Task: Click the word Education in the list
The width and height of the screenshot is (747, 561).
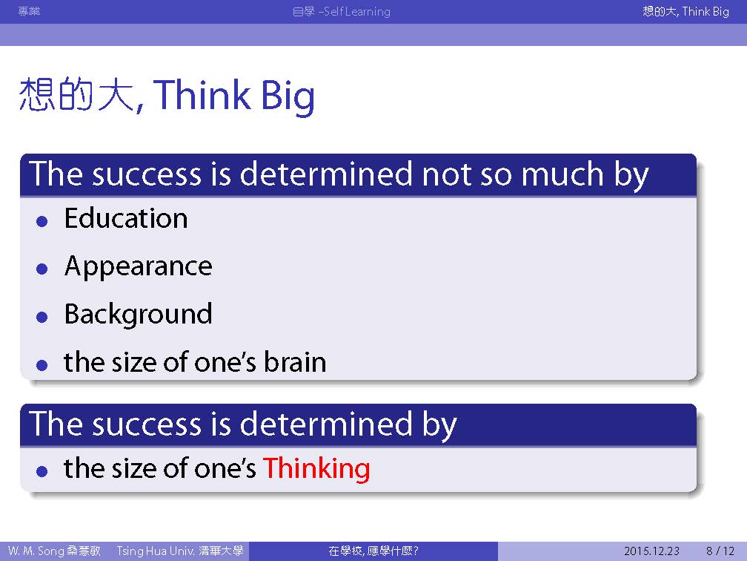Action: coord(126,218)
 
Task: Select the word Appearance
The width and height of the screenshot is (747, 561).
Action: coord(138,267)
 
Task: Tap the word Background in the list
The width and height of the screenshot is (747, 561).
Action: coord(138,315)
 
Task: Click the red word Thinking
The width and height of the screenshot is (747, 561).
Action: coord(316,469)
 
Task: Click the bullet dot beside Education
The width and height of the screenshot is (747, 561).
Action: coord(42,221)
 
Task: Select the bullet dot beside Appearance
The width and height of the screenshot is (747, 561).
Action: coord(42,269)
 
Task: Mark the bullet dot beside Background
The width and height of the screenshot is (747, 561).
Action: coord(42,317)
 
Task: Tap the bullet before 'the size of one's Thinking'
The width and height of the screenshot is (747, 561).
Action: coord(42,471)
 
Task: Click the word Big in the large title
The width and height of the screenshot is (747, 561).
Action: coord(288,96)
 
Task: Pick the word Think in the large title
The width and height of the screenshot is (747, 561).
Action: coord(202,94)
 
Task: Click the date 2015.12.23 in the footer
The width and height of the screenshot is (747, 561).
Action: coord(651,551)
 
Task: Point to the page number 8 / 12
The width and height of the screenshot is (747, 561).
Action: coord(720,551)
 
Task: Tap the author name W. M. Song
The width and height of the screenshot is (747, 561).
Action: coord(36,551)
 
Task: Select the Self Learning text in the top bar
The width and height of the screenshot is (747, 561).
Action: coord(357,11)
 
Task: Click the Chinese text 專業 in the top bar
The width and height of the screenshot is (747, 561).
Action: coord(29,11)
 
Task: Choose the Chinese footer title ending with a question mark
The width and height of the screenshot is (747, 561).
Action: coord(373,551)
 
